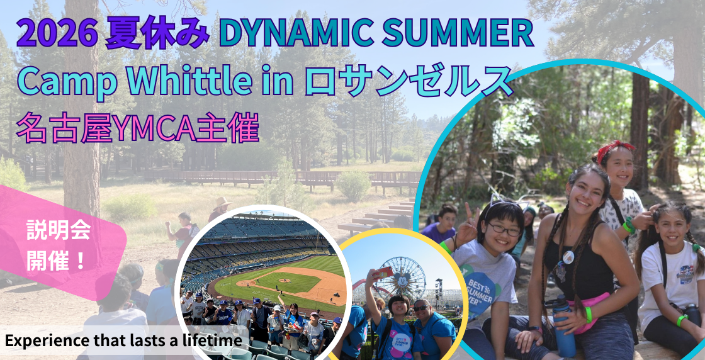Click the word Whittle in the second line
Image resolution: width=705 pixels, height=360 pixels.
point(189,81)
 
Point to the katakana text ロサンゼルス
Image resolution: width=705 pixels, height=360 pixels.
point(409,81)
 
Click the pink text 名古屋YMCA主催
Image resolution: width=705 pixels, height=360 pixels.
point(137,128)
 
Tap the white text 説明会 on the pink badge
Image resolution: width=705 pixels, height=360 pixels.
point(59,230)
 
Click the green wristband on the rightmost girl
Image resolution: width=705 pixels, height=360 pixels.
point(682,320)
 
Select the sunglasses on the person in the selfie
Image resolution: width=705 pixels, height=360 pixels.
point(421,308)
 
